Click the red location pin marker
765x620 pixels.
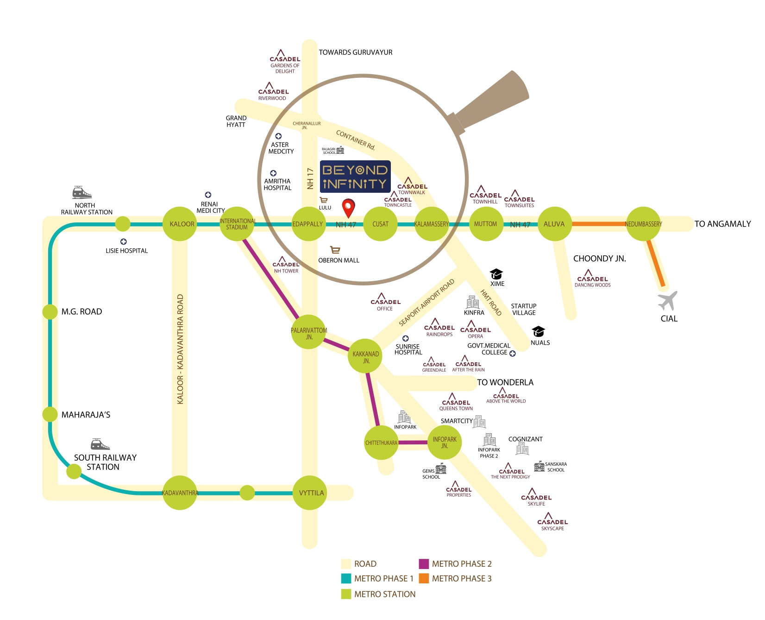point(348,207)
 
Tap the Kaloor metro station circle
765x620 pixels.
point(180,224)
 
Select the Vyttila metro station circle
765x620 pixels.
point(310,493)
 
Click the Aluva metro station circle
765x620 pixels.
point(554,224)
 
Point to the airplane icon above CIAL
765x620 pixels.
point(668,301)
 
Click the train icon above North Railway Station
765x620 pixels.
point(82,192)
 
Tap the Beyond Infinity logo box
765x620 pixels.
point(355,177)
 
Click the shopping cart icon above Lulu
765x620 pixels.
point(324,200)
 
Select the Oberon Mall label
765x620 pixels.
point(339,260)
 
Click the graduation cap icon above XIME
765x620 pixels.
point(496,274)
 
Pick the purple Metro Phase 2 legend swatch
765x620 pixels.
point(424,564)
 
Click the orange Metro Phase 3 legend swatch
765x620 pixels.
point(424,578)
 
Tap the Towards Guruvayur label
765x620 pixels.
point(356,52)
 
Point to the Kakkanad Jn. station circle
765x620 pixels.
point(365,356)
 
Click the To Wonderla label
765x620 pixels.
point(505,382)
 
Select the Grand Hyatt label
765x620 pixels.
point(236,121)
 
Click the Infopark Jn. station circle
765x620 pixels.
point(445,442)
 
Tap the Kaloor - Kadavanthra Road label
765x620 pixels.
point(180,349)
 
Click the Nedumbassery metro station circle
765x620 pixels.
point(643,224)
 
